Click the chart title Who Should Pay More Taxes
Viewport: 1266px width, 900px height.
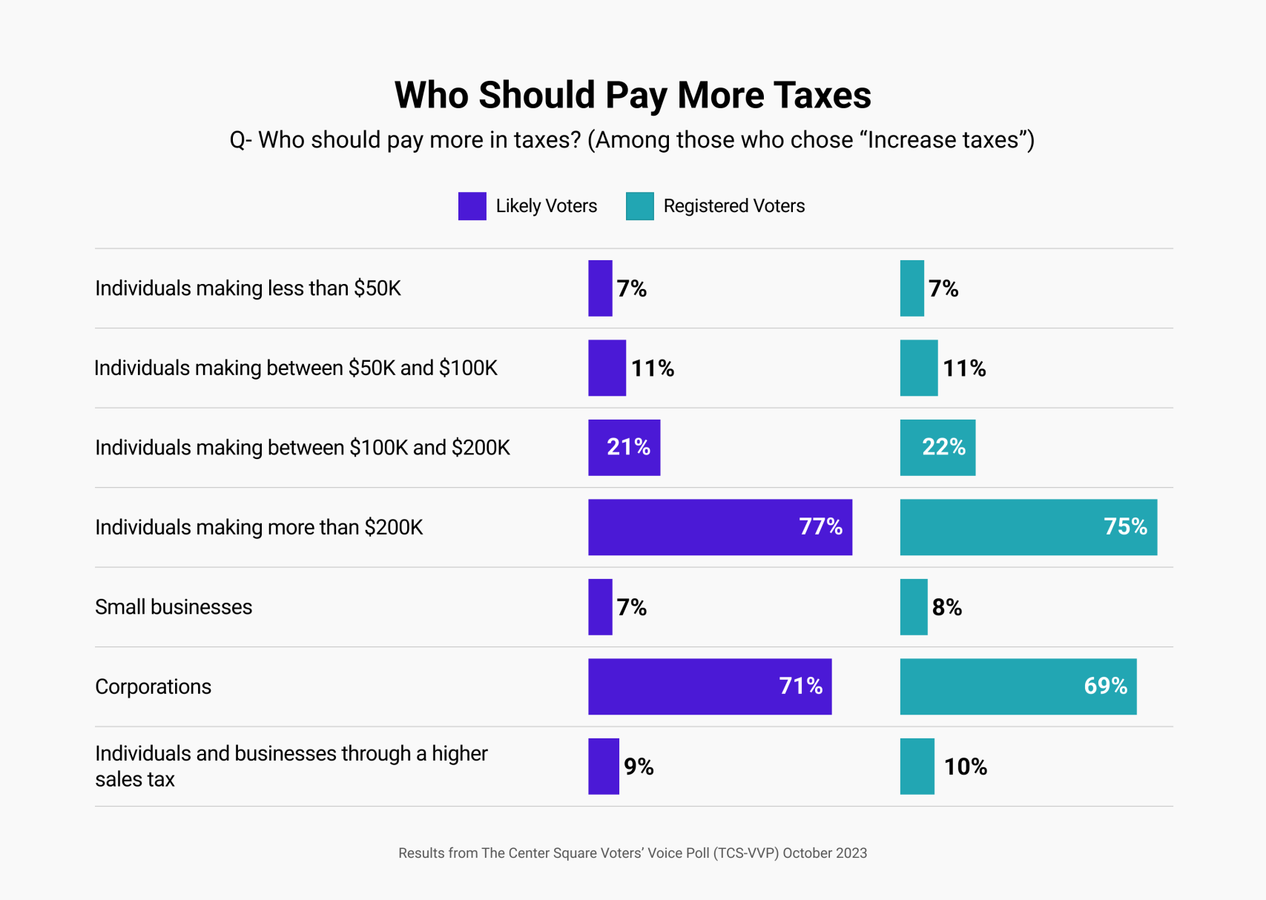click(x=633, y=95)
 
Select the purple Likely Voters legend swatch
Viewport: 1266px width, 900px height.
click(x=472, y=206)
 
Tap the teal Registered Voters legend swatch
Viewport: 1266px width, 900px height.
click(x=639, y=206)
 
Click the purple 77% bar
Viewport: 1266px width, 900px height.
click(x=719, y=527)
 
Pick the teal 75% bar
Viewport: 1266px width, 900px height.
click(x=1028, y=527)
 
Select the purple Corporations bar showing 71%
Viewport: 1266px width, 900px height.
click(x=709, y=686)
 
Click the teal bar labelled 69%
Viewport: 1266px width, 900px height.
click(x=1018, y=686)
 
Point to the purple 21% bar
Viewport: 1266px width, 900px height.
click(x=624, y=448)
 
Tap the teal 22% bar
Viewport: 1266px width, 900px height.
click(x=937, y=448)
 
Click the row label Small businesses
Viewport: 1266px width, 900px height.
click(x=174, y=607)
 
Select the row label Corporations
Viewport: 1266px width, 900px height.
click(x=153, y=686)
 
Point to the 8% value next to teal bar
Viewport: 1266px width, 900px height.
click(x=947, y=608)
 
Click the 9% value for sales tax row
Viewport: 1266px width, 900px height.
click(x=639, y=767)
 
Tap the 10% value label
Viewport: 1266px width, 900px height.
click(x=965, y=767)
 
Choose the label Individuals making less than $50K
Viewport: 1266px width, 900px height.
click(x=248, y=288)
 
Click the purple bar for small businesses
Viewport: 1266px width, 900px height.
click(x=600, y=607)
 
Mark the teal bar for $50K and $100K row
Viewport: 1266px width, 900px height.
click(x=918, y=368)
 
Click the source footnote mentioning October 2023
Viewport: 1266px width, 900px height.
click(x=633, y=853)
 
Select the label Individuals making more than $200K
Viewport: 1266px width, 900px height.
click(x=259, y=527)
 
